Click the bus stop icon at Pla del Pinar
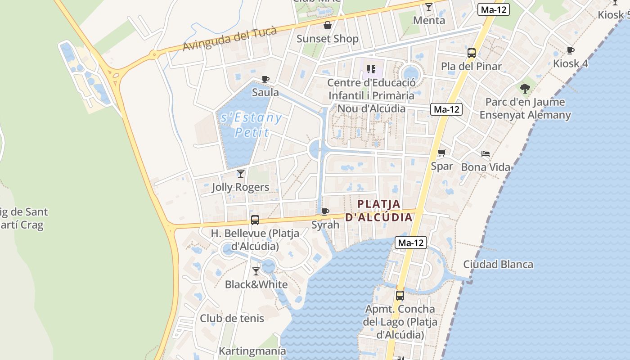coord(471,53)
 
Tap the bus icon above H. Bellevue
coord(255,220)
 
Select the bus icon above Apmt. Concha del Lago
coord(400,296)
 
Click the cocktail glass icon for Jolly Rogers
coord(241,174)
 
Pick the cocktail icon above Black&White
coord(256,271)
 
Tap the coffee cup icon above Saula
coord(265,80)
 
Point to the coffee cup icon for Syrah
coord(325,211)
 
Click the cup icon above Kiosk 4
coord(570,50)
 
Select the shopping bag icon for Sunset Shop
coord(328,25)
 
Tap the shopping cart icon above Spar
coord(442,153)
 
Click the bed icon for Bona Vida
coord(485,154)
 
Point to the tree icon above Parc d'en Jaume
coord(525,88)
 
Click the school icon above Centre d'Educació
coord(371,69)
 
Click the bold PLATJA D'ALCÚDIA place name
coord(385,211)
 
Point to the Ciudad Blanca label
coord(498,264)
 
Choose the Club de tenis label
coord(232,318)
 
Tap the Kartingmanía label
coord(252,351)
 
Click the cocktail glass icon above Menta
coord(428,7)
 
